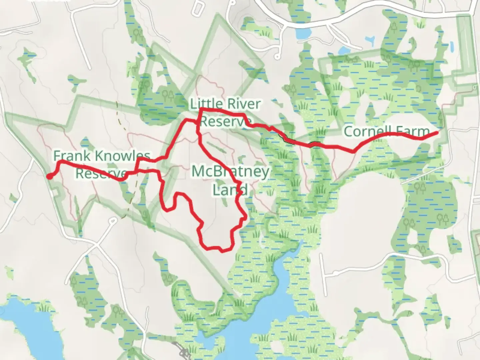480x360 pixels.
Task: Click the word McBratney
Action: tap(230, 172)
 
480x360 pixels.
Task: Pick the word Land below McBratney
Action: tap(230, 190)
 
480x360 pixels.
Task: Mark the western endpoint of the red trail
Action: tap(49, 177)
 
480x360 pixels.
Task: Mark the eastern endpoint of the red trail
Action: tap(437, 133)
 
